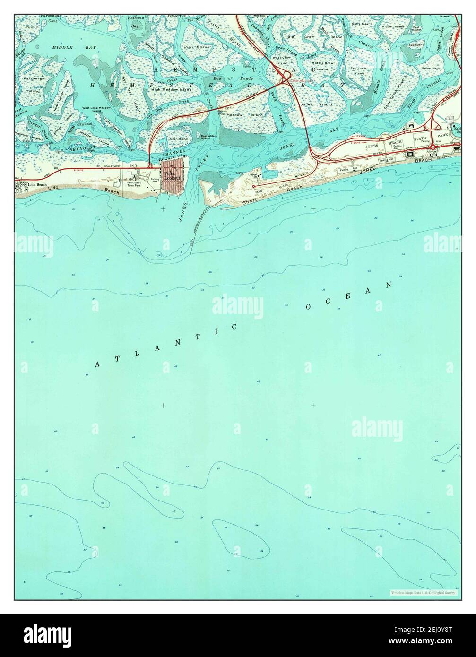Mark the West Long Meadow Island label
(x=96, y=109)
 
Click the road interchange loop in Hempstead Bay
(x=285, y=76)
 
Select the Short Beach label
(x=272, y=195)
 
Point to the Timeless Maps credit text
(x=423, y=592)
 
